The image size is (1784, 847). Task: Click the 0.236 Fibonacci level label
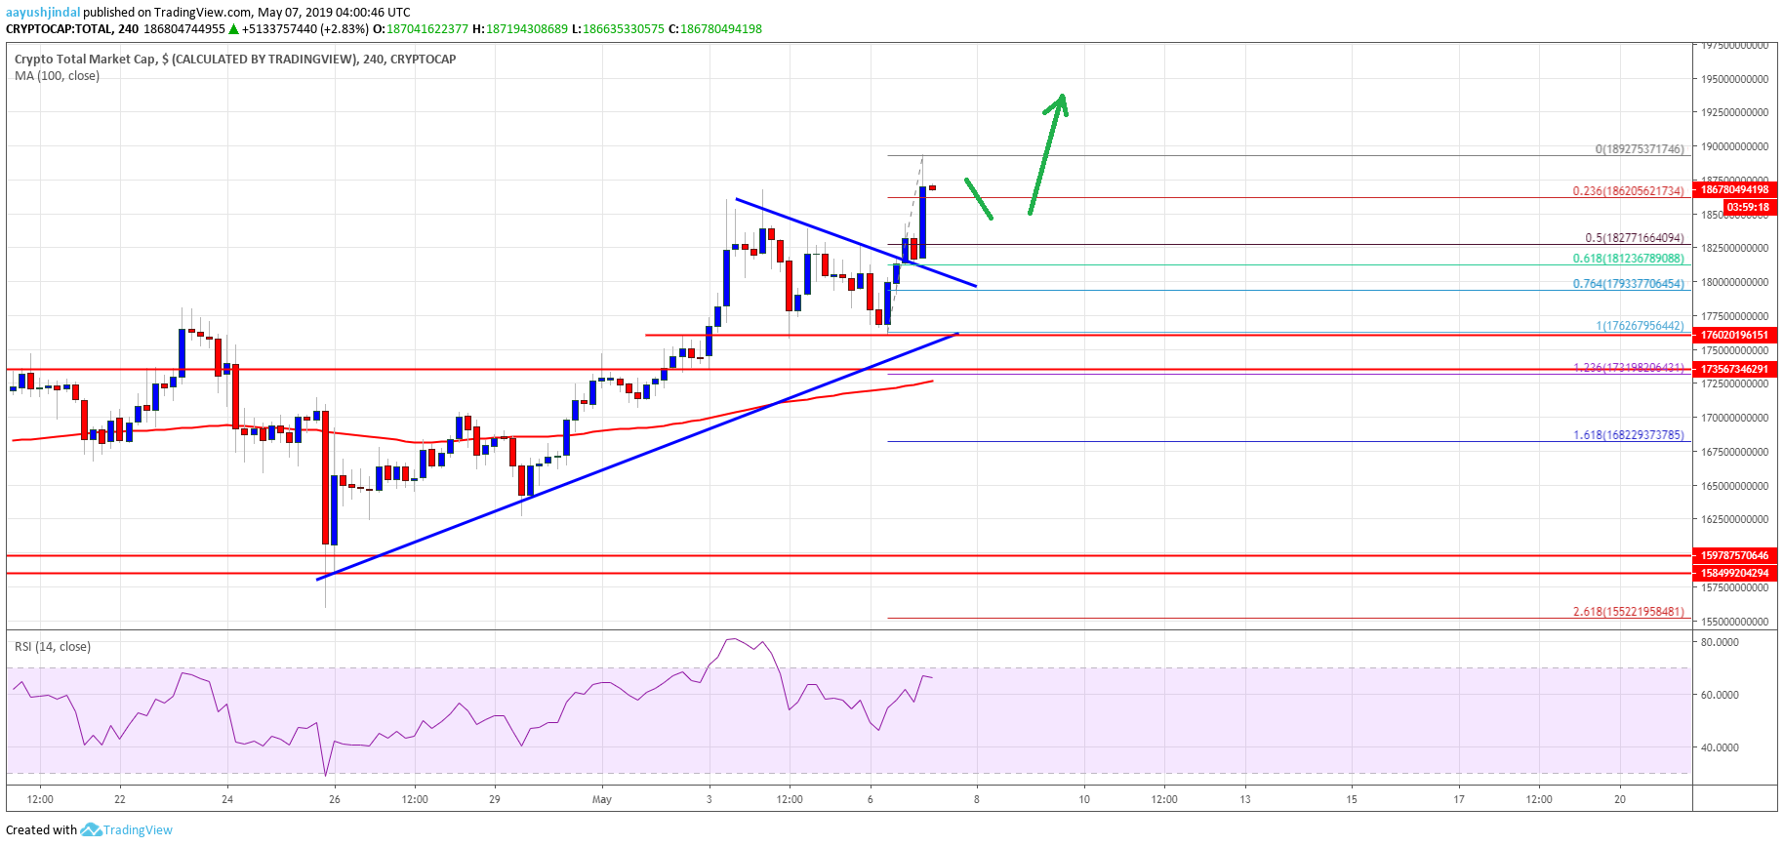pos(1628,191)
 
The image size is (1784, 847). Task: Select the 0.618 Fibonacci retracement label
pos(1628,259)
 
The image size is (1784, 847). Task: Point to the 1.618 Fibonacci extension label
pos(1628,435)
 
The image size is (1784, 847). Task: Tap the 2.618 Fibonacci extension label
pos(1628,612)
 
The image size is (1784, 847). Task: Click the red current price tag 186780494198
pos(1734,189)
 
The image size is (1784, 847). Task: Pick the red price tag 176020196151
pos(1734,335)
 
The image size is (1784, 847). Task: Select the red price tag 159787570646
pos(1734,555)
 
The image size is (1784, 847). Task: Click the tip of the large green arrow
pos(1062,96)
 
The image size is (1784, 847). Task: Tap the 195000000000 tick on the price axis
pos(1734,79)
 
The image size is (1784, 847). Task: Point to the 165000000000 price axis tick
pos(1734,486)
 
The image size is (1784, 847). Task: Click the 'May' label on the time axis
pos(602,799)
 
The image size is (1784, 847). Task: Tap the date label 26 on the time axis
pos(335,799)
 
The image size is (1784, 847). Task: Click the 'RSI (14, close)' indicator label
pos(53,647)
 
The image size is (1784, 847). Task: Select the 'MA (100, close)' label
pos(57,76)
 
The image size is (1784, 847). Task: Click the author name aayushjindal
pos(43,13)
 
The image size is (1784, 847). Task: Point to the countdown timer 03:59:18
pos(1747,207)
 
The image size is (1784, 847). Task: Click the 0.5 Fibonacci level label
pos(1634,238)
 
